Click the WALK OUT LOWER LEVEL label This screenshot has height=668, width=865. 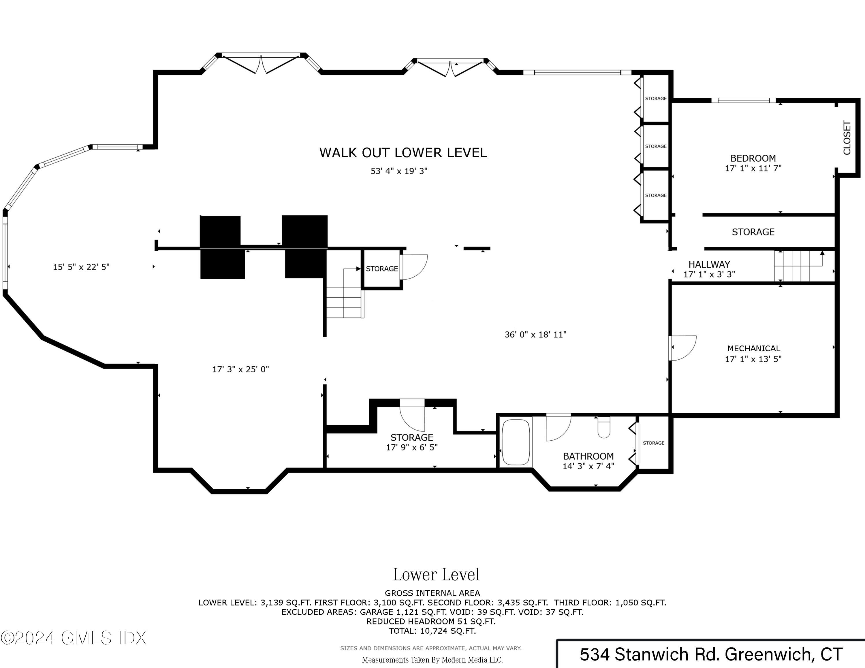point(403,153)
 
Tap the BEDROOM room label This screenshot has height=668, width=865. point(753,158)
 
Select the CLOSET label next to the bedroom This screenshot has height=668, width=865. point(847,138)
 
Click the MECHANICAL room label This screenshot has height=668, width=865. point(754,349)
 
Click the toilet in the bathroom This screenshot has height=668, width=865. point(603,427)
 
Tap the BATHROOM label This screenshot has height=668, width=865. point(588,456)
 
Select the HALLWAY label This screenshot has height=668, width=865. point(709,264)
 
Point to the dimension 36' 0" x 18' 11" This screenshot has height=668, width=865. point(535,334)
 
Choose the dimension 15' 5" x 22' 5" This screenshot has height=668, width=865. point(81,267)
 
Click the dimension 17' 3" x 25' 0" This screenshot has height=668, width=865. point(240,369)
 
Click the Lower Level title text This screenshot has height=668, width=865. point(436,575)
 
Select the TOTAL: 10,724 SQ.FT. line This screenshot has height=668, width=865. point(432,631)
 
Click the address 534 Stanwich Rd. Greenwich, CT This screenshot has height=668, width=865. point(711,654)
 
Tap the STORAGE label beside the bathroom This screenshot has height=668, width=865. point(653,443)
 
